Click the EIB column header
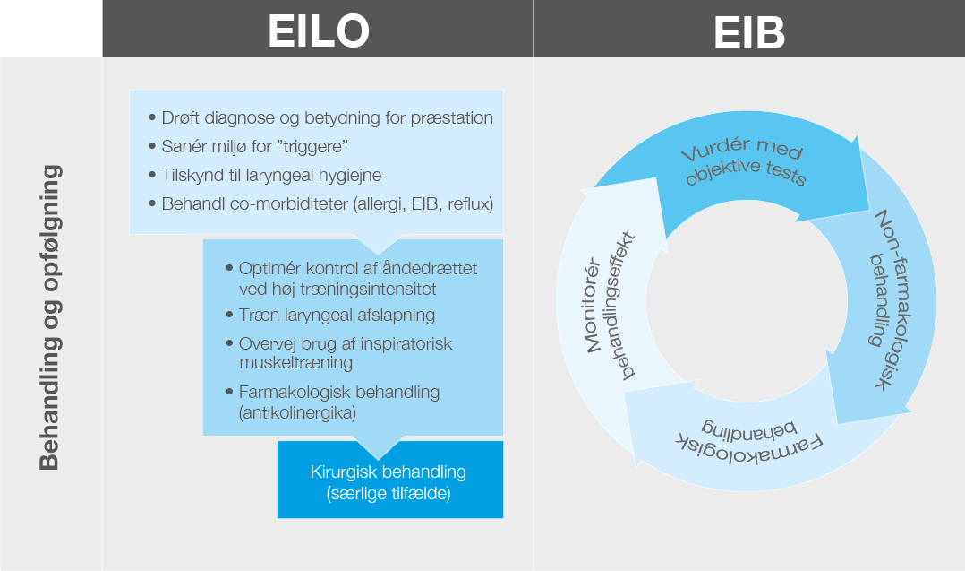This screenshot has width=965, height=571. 749,31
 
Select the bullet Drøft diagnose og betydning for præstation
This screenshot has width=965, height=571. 327,117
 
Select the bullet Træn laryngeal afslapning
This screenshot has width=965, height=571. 337,315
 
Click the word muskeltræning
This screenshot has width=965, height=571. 295,363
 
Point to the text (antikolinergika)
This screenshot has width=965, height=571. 298,412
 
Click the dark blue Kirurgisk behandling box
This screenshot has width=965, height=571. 389,480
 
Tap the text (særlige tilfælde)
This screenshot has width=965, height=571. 389,492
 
